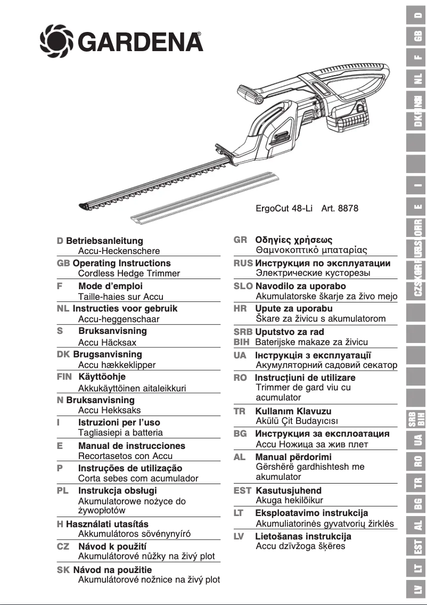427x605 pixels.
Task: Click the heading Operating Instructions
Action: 121,263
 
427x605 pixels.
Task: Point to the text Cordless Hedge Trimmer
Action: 129,273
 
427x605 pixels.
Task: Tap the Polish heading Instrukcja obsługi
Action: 117,490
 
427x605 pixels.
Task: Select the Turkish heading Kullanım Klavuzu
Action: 293,411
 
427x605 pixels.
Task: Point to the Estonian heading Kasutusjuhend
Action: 289,490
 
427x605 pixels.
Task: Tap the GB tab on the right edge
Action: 418,37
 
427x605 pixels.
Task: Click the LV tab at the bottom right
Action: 418,589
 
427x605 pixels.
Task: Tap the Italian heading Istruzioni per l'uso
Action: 119,422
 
